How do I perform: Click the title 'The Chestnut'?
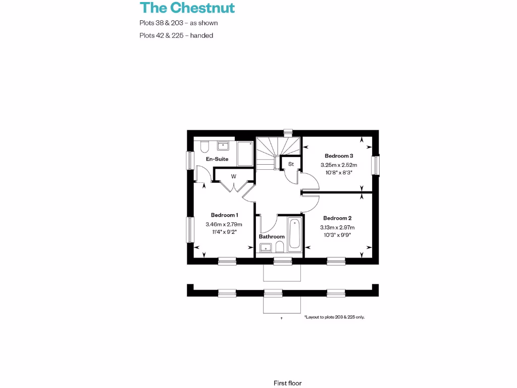tap(187, 8)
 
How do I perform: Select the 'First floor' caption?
tap(287, 383)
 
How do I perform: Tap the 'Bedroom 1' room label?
tap(225, 215)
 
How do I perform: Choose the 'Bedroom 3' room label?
tap(339, 156)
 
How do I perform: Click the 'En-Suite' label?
tap(217, 159)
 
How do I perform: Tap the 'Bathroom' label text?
tap(272, 236)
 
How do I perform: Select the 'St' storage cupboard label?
tap(291, 164)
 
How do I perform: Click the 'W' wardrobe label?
tap(234, 176)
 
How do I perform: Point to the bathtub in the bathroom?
tap(294, 233)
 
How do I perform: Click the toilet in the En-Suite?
tap(204, 147)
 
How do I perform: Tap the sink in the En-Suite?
tap(224, 145)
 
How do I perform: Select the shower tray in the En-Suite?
tap(245, 154)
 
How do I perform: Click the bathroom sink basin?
tap(265, 247)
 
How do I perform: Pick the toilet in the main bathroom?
tap(279, 247)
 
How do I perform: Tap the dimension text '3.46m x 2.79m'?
tap(224, 224)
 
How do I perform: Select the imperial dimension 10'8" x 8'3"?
tap(336, 172)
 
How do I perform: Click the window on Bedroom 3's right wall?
tap(376, 165)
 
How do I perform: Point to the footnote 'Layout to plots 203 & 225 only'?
tap(334, 317)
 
